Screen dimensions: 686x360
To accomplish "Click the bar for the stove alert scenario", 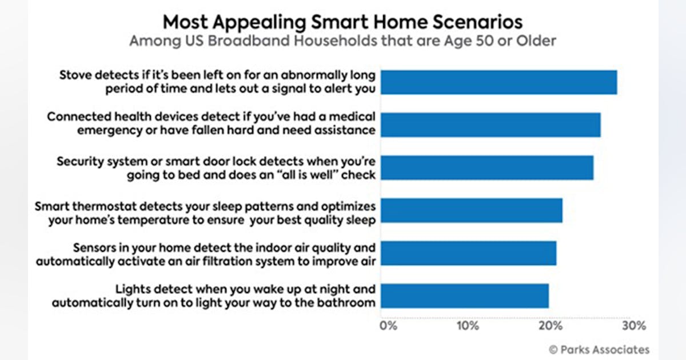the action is [499, 82].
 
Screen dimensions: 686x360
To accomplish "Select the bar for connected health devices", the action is [490, 125].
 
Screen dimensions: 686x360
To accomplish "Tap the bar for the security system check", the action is [487, 168].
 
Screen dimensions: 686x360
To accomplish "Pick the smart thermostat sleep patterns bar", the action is [472, 211].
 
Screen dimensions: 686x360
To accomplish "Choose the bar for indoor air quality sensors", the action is [469, 253].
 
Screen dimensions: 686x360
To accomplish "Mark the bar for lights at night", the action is [465, 296].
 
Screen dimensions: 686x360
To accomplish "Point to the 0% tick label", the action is [388, 326].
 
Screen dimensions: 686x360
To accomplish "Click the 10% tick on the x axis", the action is [468, 326].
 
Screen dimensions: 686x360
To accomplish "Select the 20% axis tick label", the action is [551, 326].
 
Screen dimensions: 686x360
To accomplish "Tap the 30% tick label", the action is [634, 326].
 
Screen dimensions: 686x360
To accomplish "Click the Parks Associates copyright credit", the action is [599, 350].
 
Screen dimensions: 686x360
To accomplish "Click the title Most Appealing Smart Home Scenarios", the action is [342, 22].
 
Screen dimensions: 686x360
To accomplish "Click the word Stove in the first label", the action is [75, 75].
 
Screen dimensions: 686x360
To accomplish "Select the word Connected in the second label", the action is [79, 117].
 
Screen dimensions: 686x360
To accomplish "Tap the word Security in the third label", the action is [80, 162].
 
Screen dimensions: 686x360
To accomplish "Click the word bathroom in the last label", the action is [346, 303].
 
